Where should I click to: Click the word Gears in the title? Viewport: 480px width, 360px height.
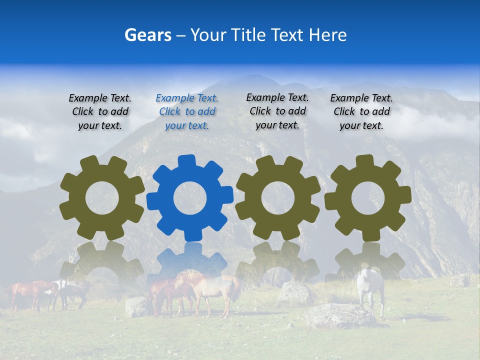pos(147,35)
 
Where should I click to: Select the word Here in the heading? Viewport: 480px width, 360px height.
pos(327,35)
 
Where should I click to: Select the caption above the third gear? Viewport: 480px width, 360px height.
pos(277,111)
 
